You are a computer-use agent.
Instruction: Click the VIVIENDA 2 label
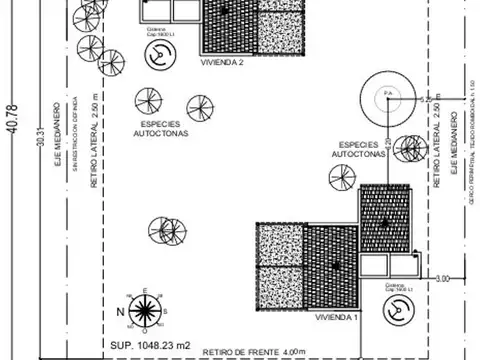coord(223,61)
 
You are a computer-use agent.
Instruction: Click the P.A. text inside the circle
coord(388,93)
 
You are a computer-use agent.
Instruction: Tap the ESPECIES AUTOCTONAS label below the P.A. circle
coord(360,150)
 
